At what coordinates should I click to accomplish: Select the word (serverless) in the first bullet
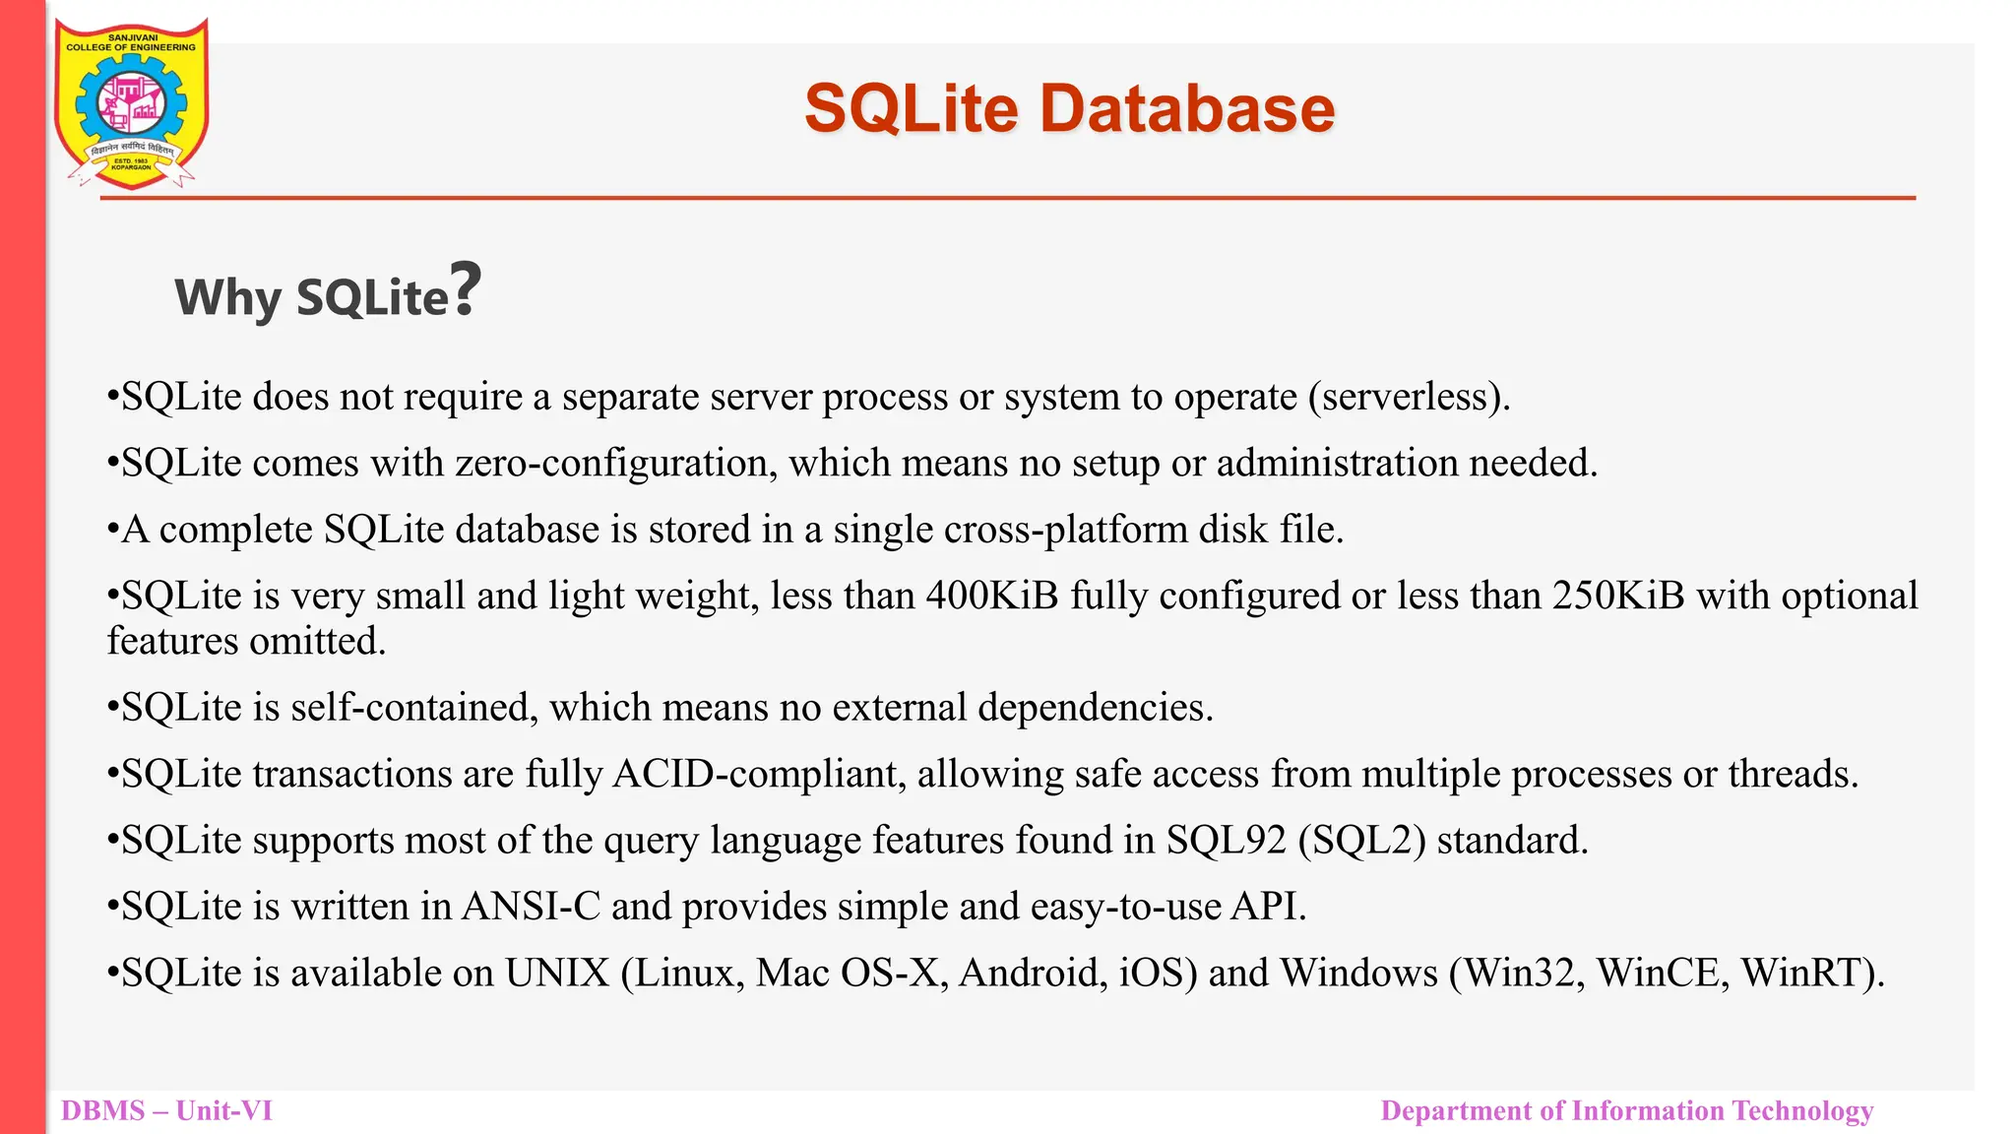(1408, 397)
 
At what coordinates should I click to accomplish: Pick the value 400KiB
(992, 596)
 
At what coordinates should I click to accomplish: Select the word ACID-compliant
(759, 775)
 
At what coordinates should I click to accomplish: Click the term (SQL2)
(1361, 841)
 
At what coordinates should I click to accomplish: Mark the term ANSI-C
(532, 907)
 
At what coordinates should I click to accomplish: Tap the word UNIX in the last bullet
(557, 974)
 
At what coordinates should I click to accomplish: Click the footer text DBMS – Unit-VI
(166, 1110)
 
